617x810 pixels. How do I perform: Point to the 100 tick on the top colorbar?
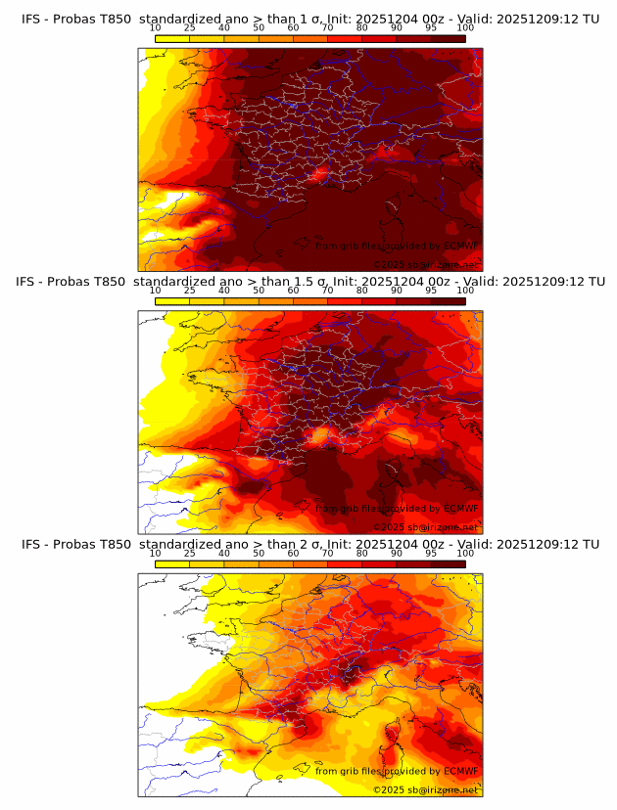[465, 27]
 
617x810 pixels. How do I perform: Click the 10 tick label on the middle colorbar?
[156, 291]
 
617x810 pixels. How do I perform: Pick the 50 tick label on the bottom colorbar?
[259, 554]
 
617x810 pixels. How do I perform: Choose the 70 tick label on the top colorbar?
[328, 27]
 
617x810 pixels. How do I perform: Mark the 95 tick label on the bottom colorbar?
[431, 554]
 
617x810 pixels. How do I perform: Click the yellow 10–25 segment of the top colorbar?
[172, 38]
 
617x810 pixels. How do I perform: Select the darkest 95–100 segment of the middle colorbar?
[448, 301]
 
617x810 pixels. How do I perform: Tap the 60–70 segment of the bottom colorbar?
[310, 564]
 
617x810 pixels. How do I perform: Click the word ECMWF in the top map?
[461, 246]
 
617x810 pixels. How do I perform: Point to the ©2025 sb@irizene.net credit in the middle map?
[426, 527]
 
